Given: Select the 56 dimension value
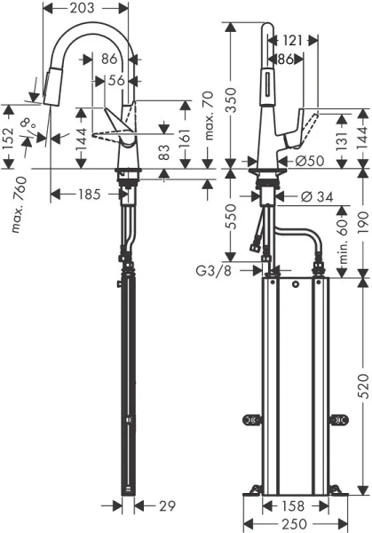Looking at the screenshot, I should [x=115, y=78].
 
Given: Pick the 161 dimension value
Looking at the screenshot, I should [x=184, y=139].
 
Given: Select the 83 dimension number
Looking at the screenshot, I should [x=162, y=153].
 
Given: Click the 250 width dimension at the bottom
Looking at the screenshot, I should [x=297, y=524].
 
